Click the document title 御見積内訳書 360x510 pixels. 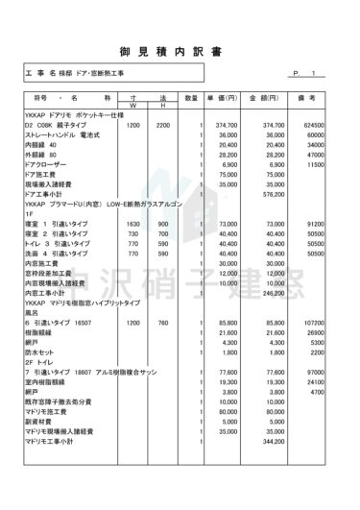(180, 47)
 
